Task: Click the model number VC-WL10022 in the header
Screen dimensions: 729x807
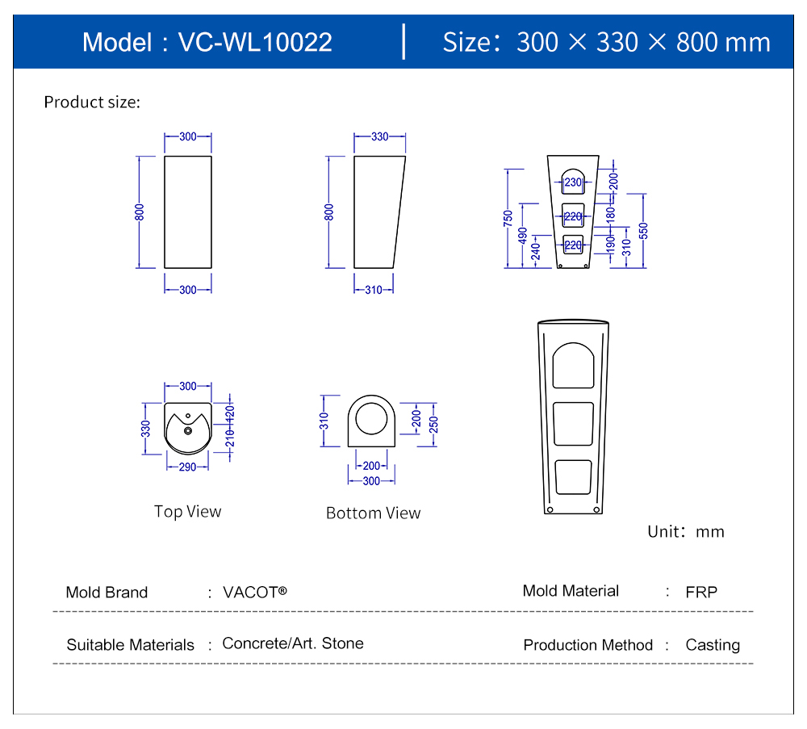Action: click(254, 42)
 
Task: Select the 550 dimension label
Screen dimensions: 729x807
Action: click(643, 230)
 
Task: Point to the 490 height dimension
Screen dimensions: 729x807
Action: click(523, 235)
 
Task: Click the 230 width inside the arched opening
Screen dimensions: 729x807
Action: click(572, 182)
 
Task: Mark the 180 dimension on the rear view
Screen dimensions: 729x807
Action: click(611, 215)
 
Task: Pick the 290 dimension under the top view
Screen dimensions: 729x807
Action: click(187, 467)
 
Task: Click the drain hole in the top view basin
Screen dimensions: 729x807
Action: click(188, 430)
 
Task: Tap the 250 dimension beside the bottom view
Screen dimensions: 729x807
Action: click(433, 424)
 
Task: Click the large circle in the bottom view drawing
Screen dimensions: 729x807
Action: click(372, 419)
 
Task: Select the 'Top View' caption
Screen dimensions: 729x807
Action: click(187, 512)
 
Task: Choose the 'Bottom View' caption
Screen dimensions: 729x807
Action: click(373, 513)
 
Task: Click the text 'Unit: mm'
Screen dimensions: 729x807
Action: click(686, 532)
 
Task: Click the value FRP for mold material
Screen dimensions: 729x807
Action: click(701, 592)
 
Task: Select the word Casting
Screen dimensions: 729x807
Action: click(713, 645)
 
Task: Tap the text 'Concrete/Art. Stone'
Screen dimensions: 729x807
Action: click(293, 643)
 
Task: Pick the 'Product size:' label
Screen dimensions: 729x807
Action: click(92, 103)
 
